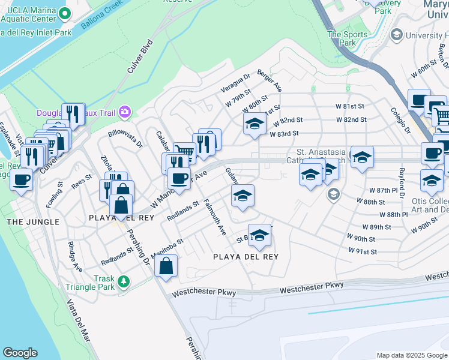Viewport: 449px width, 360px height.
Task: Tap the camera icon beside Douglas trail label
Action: point(125,111)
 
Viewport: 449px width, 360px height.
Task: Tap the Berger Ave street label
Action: point(270,80)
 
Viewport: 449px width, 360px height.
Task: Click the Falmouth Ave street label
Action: point(214,217)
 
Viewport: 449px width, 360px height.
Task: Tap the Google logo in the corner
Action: point(20,353)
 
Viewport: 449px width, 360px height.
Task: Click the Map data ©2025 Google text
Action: point(411,355)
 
